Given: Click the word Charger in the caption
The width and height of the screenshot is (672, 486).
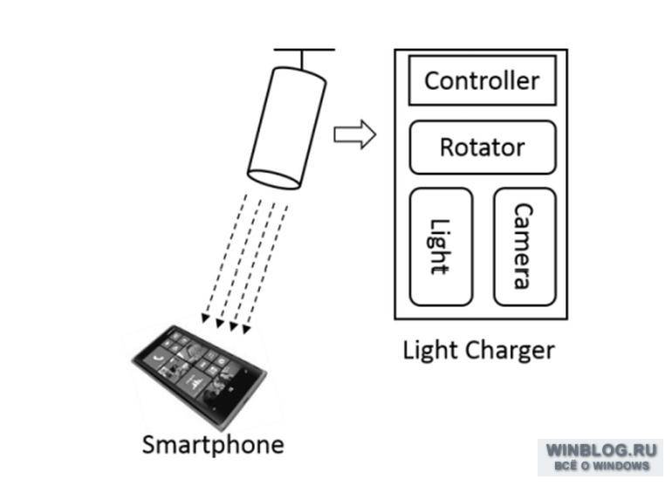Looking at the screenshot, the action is coord(511,351).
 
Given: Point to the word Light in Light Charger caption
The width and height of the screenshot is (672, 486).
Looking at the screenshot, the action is coord(431,350).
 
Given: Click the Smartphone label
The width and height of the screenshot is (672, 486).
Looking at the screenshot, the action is coord(213,445).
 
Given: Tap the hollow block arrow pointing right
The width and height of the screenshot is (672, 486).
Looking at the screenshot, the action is coord(355,134).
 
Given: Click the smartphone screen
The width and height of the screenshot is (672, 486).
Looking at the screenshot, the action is coord(196,367).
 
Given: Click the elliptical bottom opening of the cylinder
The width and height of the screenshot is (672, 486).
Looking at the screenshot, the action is coord(274,179).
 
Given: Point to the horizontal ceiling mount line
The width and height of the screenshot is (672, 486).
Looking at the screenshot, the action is coord(305,50).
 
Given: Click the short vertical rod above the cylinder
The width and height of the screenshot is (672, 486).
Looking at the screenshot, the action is coord(303,60).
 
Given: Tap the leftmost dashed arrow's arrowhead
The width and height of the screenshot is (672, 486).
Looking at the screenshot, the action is coord(205,318).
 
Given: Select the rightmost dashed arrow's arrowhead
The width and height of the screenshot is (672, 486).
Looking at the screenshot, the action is coord(246,329).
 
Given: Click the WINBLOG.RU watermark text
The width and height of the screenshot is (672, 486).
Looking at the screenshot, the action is coord(601,450).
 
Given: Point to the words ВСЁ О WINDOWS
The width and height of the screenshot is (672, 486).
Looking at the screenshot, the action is coord(601,466).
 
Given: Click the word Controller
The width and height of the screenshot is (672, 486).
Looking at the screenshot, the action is coord(482,80).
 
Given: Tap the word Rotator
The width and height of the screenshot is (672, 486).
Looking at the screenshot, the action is coord(483,147).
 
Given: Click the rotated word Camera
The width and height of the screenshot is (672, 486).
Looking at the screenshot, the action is coord(524,246).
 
